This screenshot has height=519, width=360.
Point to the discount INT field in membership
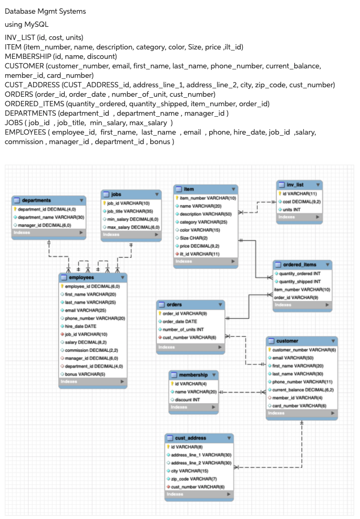tap(187, 399)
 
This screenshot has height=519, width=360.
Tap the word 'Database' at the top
tap(20, 11)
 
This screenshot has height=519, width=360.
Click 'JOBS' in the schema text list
tap(14, 123)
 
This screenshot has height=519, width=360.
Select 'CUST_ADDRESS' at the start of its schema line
tap(32, 85)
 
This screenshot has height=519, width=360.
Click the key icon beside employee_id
tap(63, 286)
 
